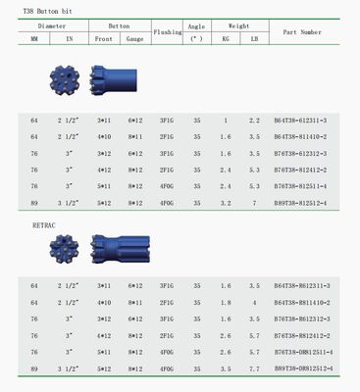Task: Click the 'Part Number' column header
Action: [301, 32]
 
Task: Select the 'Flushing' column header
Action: [167, 32]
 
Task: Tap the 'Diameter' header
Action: [51, 23]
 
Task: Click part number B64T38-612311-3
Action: [301, 120]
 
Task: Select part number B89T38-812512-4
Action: [301, 203]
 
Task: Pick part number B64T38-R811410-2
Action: [301, 302]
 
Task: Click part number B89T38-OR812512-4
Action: [303, 368]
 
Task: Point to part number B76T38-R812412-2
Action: [301, 335]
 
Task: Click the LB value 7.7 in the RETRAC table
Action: [254, 368]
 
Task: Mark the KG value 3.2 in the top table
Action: [225, 203]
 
